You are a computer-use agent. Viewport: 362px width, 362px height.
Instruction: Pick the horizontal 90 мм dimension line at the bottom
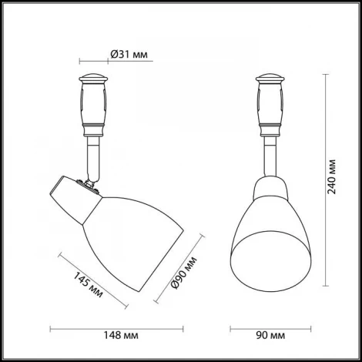pyautogui.click(x=269, y=328)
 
